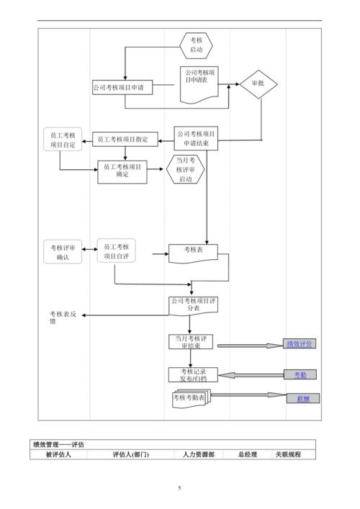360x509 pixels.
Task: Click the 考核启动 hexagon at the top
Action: coord(196,45)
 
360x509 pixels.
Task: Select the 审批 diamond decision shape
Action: coord(258,84)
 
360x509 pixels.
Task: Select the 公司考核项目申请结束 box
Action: coord(195,138)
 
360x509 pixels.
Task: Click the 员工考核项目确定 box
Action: coord(122,171)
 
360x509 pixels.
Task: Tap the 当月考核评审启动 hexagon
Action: coord(186,169)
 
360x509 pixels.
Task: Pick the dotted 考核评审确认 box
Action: coord(62,251)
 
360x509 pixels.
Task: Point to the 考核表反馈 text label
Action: coord(68,317)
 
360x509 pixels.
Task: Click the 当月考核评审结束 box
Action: coord(192,341)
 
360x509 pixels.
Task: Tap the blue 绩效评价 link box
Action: coord(299,344)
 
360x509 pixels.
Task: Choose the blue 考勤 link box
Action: coord(300,374)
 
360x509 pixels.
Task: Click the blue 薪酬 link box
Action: coord(302,398)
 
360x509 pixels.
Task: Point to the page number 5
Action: coord(180,489)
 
